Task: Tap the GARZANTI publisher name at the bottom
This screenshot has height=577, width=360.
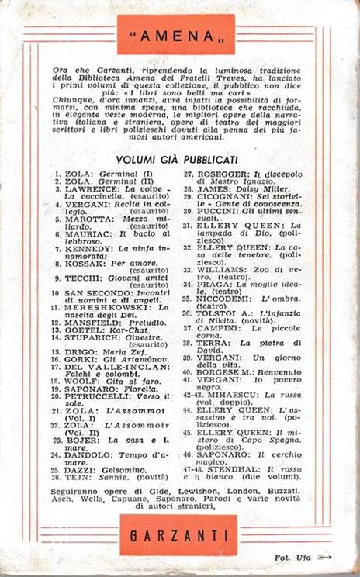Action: point(179,535)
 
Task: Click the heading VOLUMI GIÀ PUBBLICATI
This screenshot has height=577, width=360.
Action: point(179,156)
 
